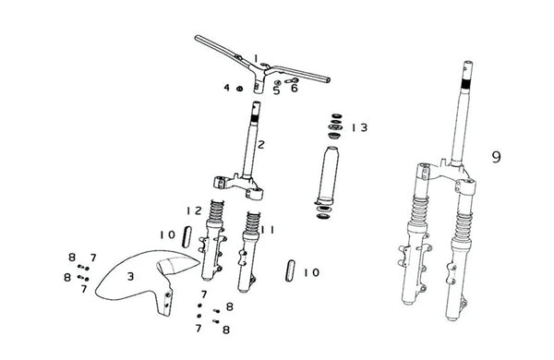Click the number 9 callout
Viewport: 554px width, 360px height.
click(496, 157)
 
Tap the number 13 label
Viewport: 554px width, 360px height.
click(359, 127)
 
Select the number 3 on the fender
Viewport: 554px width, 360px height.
click(131, 276)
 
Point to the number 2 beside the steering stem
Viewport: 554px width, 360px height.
click(260, 145)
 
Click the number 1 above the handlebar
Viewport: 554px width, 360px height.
click(256, 58)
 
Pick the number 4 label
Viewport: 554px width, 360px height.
click(227, 88)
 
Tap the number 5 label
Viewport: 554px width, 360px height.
click(276, 90)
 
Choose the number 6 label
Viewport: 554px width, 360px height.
click(295, 88)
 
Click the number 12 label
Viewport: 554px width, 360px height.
click(194, 210)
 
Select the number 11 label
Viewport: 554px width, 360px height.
click(267, 230)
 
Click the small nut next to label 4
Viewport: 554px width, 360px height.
click(239, 89)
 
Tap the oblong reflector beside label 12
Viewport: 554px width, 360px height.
click(187, 236)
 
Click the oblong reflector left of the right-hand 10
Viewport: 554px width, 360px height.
click(290, 270)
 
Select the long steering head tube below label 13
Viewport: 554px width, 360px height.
click(327, 175)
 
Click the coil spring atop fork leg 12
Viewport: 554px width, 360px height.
click(216, 210)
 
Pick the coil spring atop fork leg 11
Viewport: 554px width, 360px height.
click(253, 222)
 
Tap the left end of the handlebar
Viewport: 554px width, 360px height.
click(197, 38)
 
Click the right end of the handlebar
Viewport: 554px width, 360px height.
click(328, 80)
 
